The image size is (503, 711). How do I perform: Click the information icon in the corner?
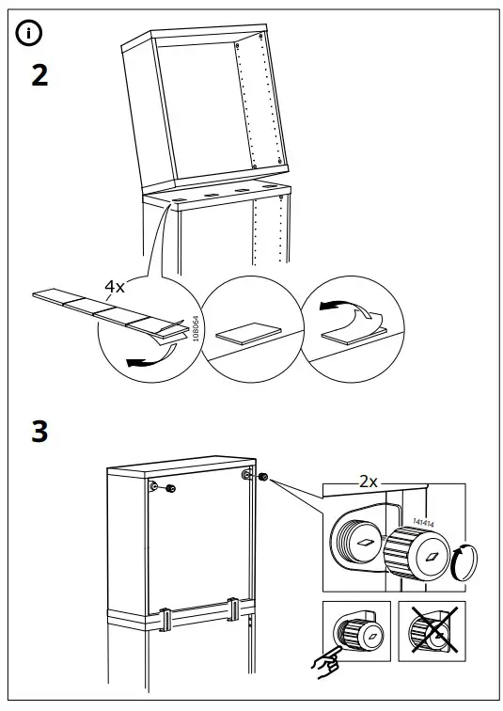pos(28,34)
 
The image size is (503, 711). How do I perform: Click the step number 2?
pos(39,76)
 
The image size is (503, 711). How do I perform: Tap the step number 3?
pos(39,433)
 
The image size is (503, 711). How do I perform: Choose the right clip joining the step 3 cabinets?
pos(233,609)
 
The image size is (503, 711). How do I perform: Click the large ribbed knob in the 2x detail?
pos(417,554)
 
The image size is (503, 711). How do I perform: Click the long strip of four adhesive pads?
pos(103,308)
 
